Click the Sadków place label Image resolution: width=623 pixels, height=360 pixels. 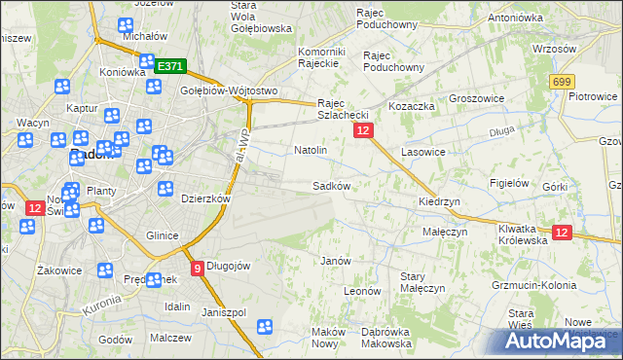[330, 185]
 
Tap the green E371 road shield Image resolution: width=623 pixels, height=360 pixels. [169, 66]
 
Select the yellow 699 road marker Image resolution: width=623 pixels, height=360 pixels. [561, 84]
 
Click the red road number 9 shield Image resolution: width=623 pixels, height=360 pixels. [198, 268]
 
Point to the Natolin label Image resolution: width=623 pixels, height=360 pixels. [310, 151]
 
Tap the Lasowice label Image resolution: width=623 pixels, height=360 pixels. [422, 152]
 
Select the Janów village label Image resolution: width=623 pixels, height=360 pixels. [335, 261]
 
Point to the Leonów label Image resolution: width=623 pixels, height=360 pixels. [361, 290]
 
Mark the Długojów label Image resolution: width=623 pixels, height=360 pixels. [230, 267]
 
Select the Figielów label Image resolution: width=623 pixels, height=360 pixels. [509, 182]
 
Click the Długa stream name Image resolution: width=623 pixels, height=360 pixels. [501, 127]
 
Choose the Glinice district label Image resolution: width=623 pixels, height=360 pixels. [161, 235]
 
